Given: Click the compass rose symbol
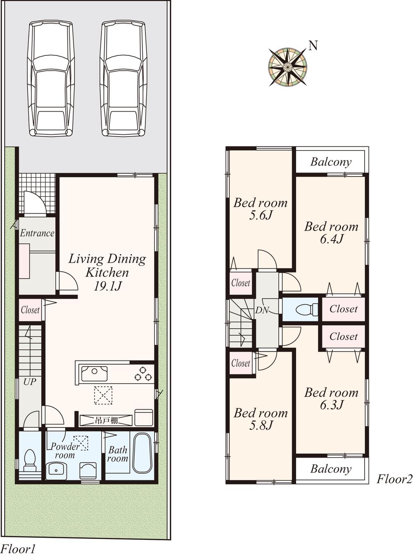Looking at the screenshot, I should coord(288,67).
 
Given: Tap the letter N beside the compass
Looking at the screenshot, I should coord(313,45).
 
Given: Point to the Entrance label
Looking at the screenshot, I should coord(37,233).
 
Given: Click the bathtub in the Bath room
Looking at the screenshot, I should coord(142,453).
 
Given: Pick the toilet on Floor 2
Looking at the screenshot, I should coord(306,309).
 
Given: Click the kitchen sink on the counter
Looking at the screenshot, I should coord(94,374).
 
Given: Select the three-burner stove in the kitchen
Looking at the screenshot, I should coord(143,374).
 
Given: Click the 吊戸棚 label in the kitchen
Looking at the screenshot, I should coord(107,420).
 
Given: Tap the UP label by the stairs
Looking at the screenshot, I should coord(29,382).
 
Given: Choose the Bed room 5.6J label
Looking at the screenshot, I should coord(260,209).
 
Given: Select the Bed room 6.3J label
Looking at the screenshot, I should coord(331,399).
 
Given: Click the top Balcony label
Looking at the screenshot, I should coord(331,162).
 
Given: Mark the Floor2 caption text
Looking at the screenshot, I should coord(394,479).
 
